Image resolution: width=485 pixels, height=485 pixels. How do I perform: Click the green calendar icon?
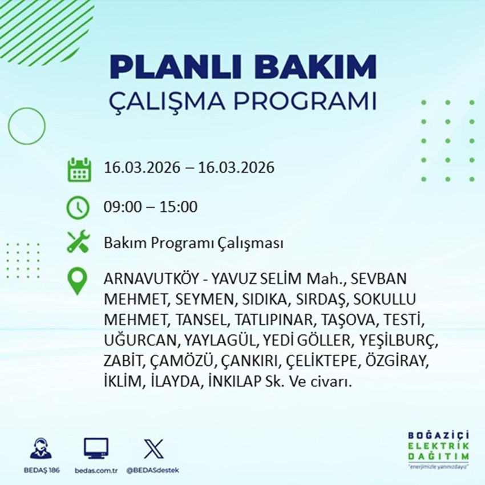79,169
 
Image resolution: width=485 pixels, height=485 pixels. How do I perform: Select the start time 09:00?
121,207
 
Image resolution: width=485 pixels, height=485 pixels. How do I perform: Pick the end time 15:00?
179,207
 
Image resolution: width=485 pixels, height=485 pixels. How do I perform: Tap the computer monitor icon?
96,449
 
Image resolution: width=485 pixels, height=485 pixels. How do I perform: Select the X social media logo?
152,449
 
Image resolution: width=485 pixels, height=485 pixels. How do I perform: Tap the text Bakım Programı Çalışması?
193,244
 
